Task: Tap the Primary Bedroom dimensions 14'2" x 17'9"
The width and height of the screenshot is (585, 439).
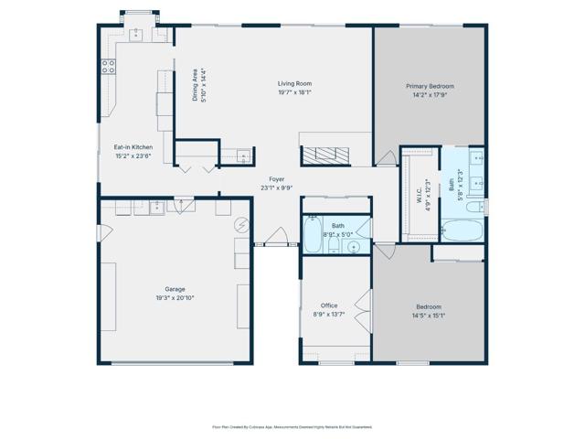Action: [430, 94]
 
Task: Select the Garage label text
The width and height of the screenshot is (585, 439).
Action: [174, 289]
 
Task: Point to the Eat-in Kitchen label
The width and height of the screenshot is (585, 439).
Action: [133, 147]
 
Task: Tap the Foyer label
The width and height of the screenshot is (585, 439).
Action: [275, 179]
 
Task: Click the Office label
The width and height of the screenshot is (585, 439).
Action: [328, 305]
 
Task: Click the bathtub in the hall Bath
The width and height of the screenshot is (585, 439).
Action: [312, 234]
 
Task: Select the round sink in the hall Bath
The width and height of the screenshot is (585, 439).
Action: [353, 246]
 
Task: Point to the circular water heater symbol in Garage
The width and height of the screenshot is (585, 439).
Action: [242, 224]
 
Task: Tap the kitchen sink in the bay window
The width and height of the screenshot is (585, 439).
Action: [137, 34]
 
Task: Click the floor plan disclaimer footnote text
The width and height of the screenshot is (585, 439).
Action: [292, 426]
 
